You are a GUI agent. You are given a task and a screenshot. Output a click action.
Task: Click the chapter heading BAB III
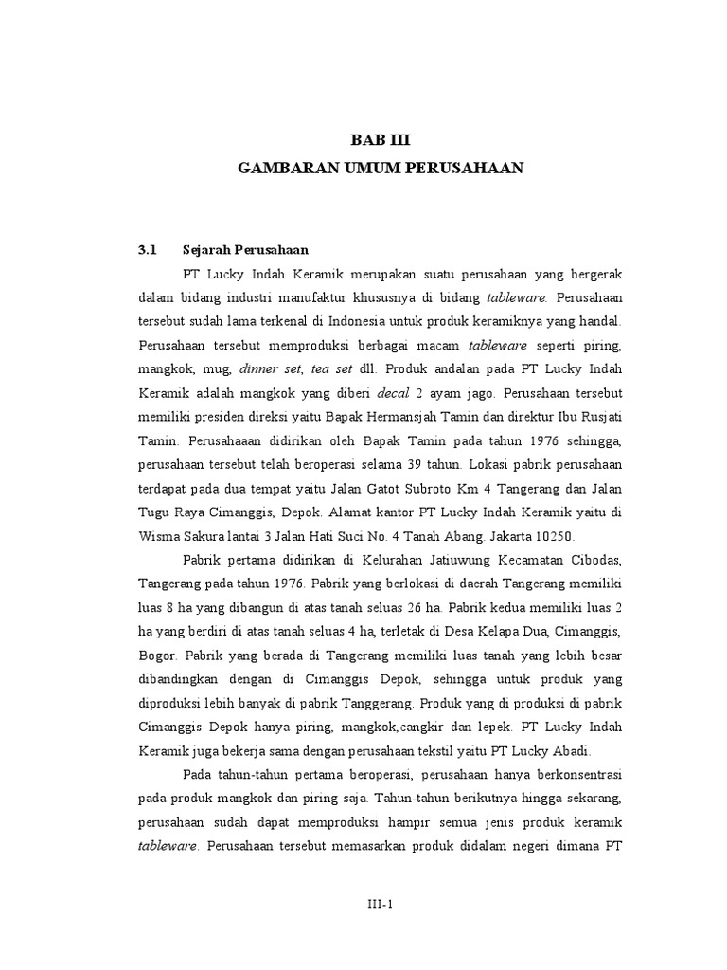pos(381,141)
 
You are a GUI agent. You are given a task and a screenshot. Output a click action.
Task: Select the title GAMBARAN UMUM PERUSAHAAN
pos(381,168)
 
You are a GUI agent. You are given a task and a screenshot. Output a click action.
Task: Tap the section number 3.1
pos(146,250)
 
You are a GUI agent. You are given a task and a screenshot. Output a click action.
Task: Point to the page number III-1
pos(381,904)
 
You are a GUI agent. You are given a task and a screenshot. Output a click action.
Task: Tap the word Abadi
pos(567,752)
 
